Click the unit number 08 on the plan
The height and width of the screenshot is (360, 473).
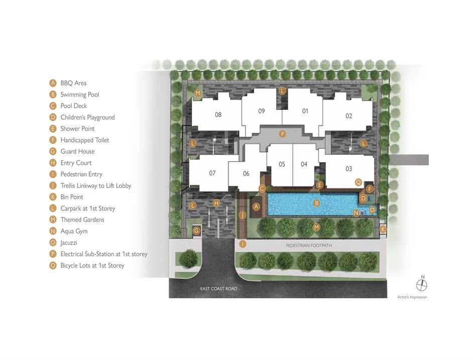point(218,115)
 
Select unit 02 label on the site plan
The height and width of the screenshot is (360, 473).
point(349,116)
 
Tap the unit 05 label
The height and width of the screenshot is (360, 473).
point(282,164)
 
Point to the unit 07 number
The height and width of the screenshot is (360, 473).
point(212,173)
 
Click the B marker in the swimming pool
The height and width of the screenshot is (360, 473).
point(317,203)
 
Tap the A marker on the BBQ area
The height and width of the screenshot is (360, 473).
point(256,207)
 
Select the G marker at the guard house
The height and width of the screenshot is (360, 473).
point(197,231)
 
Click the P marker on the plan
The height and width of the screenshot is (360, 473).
point(282,134)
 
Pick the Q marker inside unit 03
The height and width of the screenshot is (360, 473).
point(358,182)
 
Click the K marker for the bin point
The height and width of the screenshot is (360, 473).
point(383,229)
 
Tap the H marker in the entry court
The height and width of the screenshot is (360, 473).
point(216,203)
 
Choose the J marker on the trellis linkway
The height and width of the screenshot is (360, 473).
point(242,215)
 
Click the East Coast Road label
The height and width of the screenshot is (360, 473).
point(219,289)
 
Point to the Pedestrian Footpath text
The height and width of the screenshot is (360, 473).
point(309,246)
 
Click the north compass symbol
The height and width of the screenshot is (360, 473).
point(422,285)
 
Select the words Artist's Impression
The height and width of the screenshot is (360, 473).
point(412,297)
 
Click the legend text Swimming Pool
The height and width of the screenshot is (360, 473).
point(80,94)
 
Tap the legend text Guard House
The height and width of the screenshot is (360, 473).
point(78,151)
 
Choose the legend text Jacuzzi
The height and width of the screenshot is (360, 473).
point(69,243)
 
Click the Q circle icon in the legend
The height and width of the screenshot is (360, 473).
point(53,266)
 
